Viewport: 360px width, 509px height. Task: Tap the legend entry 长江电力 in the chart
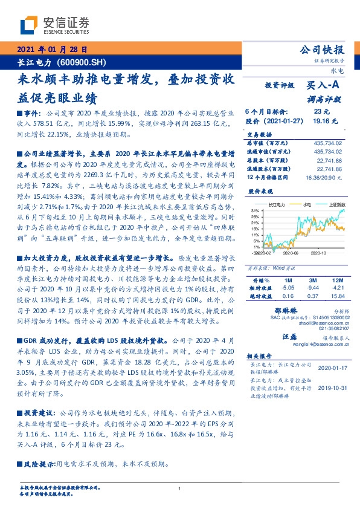point(278,222)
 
